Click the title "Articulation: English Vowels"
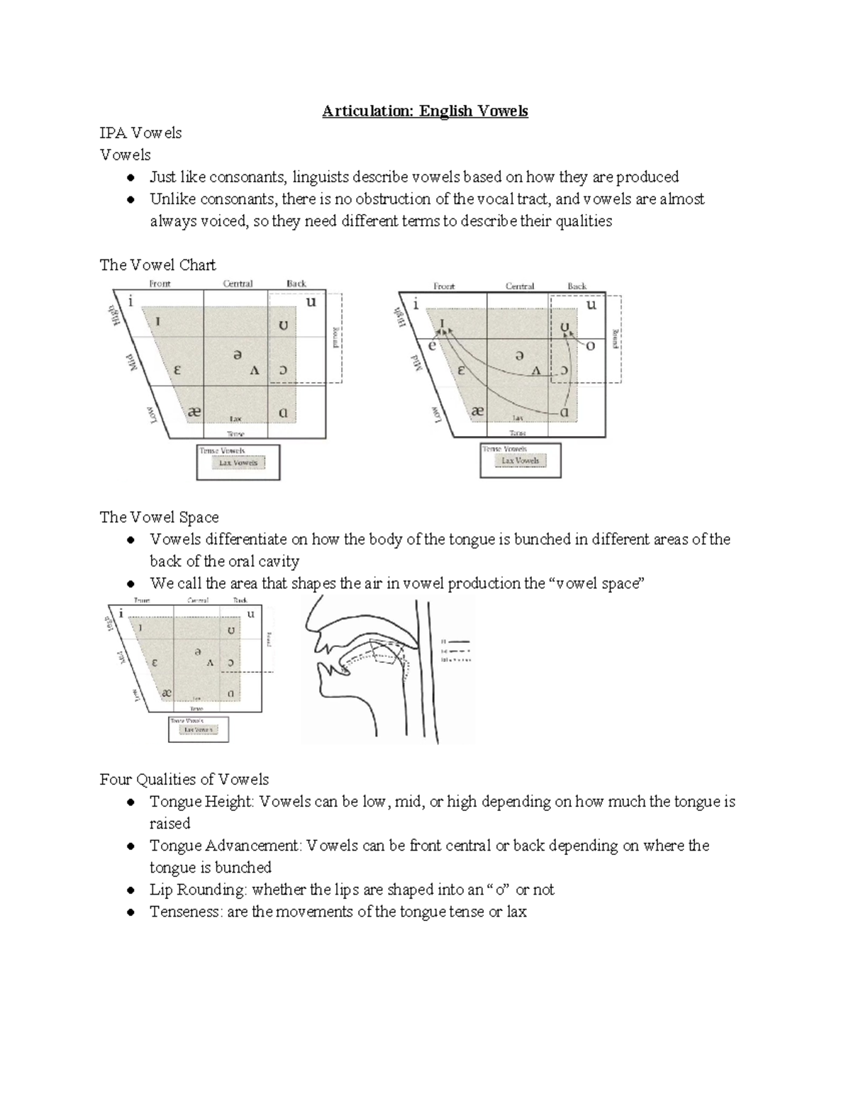coord(425,111)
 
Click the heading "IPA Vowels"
coord(140,133)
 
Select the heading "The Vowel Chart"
coord(157,265)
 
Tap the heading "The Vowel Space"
coord(159,518)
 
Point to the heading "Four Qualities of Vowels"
coord(184,780)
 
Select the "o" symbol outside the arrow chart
coord(590,346)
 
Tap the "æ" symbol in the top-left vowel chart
coord(194,412)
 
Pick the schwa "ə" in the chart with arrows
coord(520,356)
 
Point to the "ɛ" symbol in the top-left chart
coord(177,369)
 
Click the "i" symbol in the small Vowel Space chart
coord(121,614)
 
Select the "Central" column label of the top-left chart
coord(238,284)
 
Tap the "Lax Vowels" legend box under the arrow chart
coord(521,461)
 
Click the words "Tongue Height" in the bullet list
coord(201,802)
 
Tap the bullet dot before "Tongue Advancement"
coord(130,846)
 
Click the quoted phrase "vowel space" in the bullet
coord(596,583)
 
